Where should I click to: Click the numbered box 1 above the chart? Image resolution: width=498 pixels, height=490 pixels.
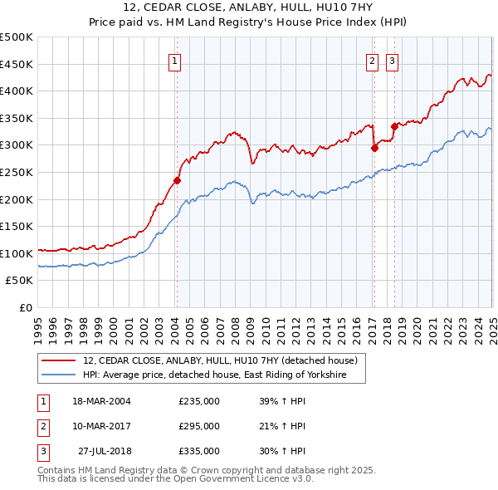(176, 60)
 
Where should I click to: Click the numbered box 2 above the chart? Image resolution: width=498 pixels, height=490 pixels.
(372, 60)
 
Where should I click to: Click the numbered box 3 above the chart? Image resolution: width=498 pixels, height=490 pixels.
(391, 60)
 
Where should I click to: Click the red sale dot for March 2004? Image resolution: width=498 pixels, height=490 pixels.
(177, 179)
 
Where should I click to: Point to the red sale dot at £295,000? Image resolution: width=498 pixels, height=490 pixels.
(374, 148)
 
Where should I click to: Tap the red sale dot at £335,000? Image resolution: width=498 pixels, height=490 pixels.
(394, 126)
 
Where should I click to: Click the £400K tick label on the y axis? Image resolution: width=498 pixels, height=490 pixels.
(17, 91)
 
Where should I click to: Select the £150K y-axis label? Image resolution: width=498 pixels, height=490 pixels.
(17, 226)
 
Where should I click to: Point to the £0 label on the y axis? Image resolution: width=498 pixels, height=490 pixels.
(26, 307)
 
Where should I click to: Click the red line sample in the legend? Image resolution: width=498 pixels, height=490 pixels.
(59, 360)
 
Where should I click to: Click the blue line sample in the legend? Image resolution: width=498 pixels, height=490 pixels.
(59, 375)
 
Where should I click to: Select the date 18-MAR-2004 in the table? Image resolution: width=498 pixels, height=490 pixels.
(102, 401)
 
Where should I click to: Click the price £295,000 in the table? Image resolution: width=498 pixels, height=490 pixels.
(199, 426)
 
